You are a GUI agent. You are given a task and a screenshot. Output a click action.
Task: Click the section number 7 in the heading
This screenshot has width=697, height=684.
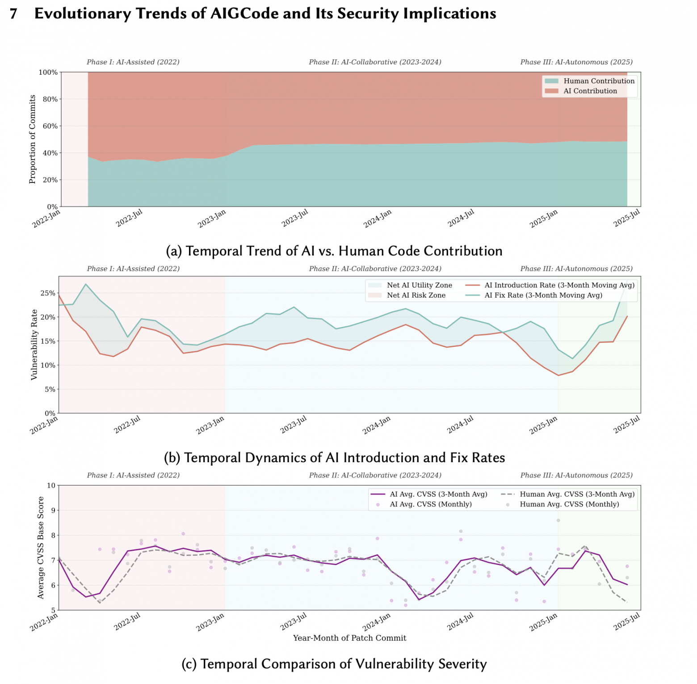pos(13,14)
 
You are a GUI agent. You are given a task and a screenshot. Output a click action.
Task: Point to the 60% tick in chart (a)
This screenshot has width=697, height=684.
pos(50,126)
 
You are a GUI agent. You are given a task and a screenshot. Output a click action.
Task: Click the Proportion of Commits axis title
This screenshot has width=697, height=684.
pos(32,139)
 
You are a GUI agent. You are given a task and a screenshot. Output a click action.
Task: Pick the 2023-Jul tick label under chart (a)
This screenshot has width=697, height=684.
pos(295,218)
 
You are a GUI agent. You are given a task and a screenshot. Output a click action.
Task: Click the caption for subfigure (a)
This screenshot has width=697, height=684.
pos(334,251)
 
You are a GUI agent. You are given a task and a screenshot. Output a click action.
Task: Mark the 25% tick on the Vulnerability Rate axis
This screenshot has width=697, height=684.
pos(49,293)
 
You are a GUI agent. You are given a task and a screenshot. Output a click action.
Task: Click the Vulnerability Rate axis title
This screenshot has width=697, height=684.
pos(34,345)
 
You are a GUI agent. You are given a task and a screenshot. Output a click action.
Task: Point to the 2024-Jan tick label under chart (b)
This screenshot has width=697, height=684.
pos(377,425)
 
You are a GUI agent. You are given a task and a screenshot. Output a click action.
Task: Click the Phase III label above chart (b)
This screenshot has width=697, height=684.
pos(576,269)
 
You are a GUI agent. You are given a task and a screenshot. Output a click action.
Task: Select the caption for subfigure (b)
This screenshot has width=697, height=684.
pos(335,457)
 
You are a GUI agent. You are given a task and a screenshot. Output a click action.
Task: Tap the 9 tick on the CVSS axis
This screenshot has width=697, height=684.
pos(53,511)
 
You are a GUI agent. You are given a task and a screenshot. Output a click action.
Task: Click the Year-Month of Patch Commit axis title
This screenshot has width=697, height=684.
pos(350,638)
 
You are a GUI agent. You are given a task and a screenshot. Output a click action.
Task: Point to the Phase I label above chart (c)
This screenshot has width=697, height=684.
pos(133,475)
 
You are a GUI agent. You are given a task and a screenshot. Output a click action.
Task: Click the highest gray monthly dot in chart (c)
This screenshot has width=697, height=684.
pos(558,520)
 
